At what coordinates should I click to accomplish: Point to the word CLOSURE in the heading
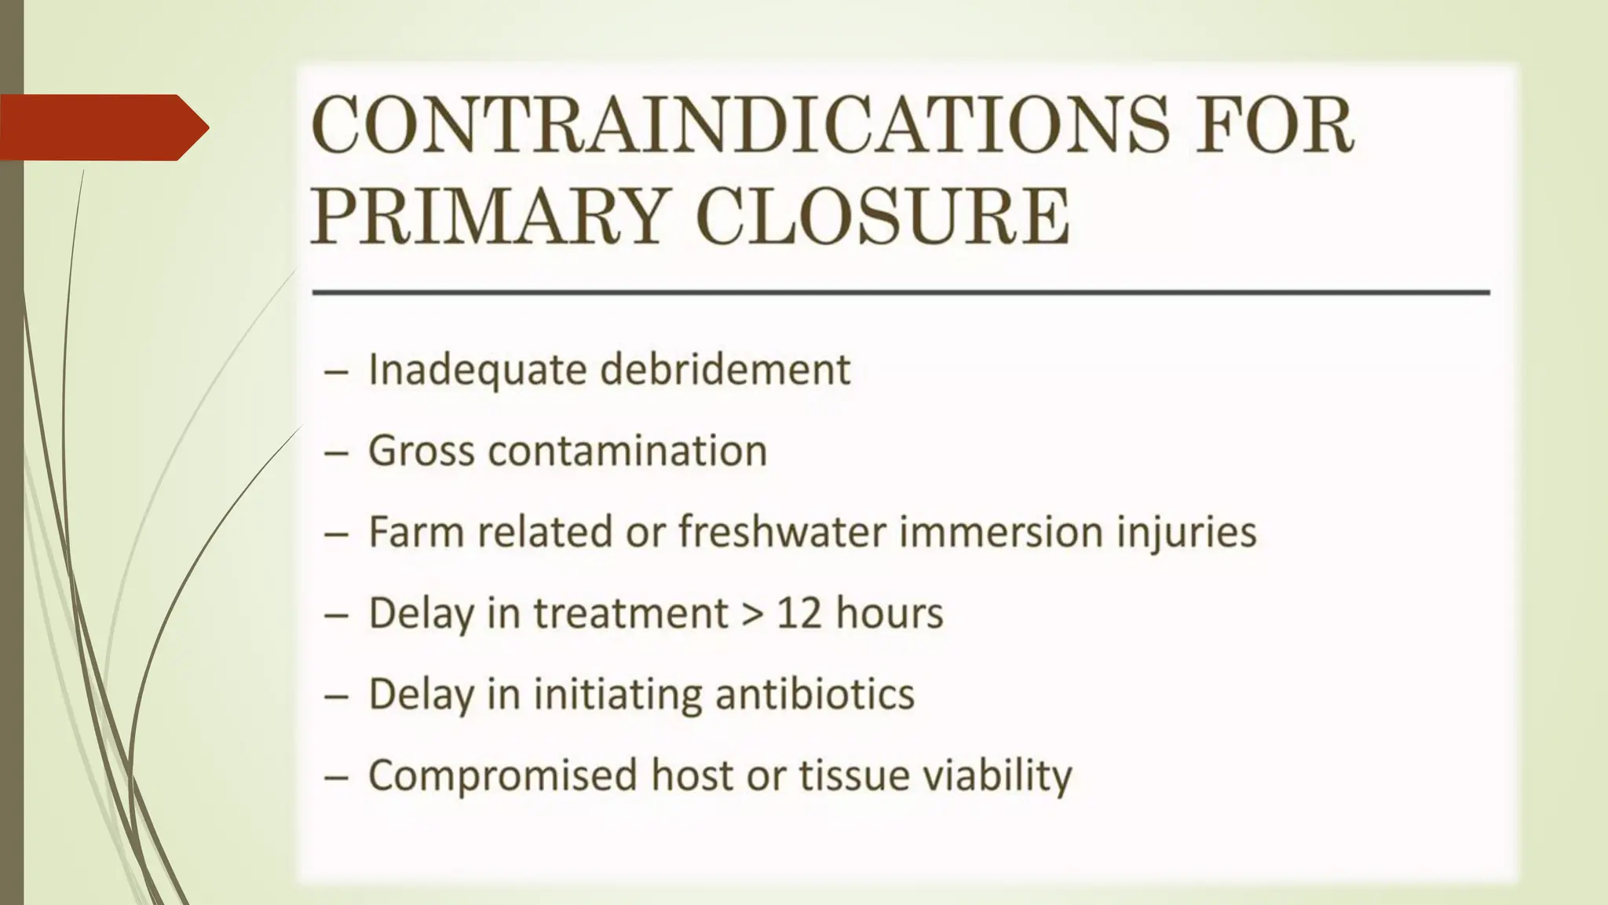pos(882,216)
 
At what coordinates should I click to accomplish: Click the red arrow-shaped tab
pos(102,127)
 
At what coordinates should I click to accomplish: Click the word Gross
pos(421,451)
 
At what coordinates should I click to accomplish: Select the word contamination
pos(627,451)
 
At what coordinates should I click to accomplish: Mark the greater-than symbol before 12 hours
pos(752,614)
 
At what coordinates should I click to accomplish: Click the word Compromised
pos(503,776)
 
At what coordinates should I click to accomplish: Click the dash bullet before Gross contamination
pos(336,452)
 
